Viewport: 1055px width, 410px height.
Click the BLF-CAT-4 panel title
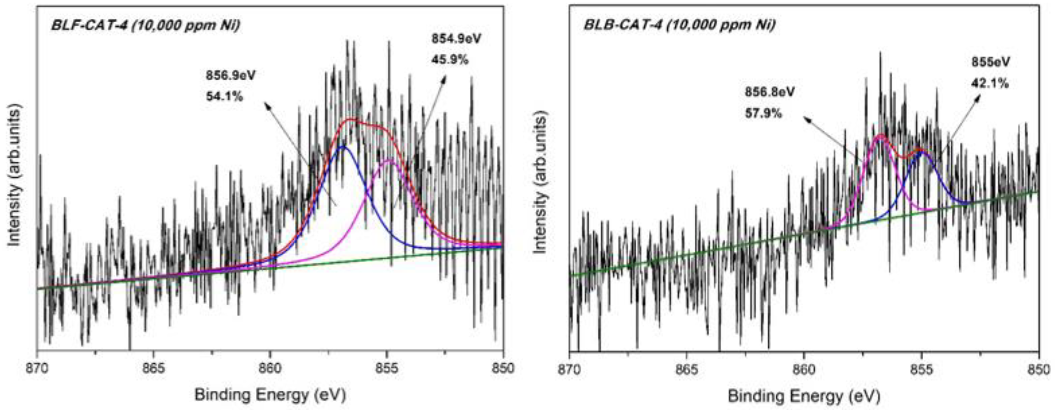[x=145, y=25]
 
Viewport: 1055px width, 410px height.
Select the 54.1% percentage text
[x=225, y=97]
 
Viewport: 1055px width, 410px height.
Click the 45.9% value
[x=450, y=60]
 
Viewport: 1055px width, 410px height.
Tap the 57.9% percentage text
[x=763, y=113]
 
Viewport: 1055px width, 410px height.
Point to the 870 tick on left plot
[x=38, y=368]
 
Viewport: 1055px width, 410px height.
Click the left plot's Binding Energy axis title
[x=270, y=395]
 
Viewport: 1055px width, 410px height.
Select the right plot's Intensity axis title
[x=541, y=184]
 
